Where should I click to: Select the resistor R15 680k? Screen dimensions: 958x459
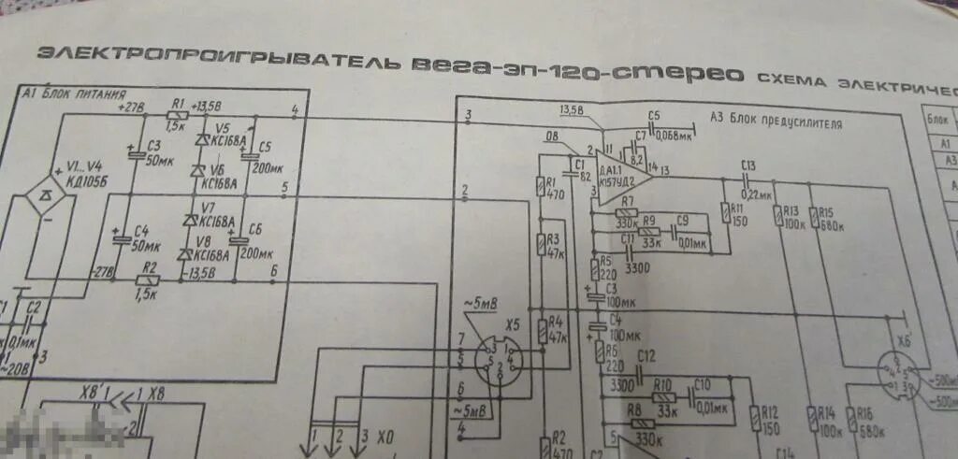(813, 217)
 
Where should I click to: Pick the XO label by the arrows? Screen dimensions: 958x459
(385, 436)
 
